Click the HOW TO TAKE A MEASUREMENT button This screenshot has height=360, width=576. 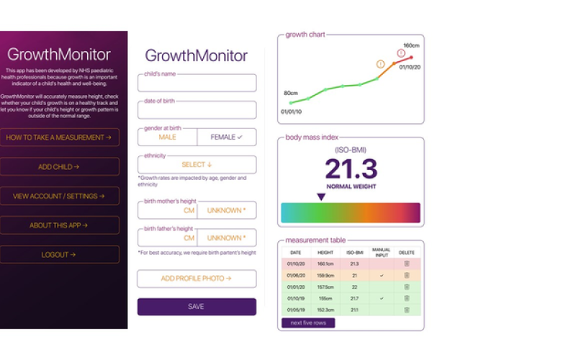pyautogui.click(x=60, y=137)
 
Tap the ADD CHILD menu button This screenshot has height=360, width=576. pyautogui.click(x=60, y=166)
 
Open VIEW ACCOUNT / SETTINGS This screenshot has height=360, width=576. pyautogui.click(x=60, y=196)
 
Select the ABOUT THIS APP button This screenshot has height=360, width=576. pyautogui.click(x=60, y=225)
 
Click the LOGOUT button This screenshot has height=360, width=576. pyautogui.click(x=60, y=254)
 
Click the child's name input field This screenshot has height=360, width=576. pyautogui.click(x=197, y=84)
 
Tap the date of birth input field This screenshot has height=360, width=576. pyautogui.click(x=197, y=110)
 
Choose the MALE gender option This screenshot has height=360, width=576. pyautogui.click(x=167, y=137)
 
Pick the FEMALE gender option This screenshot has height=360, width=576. pyautogui.click(x=226, y=137)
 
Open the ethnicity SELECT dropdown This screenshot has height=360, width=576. pyautogui.click(x=197, y=165)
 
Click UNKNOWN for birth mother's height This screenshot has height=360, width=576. pyautogui.click(x=226, y=210)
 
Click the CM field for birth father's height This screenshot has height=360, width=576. pyautogui.click(x=167, y=238)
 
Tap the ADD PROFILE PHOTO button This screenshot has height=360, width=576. pyautogui.click(x=197, y=279)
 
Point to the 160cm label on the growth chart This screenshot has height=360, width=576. pyautogui.click(x=411, y=45)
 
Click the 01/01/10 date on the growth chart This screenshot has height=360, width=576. pyautogui.click(x=292, y=112)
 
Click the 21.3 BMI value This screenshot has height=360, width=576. pyautogui.click(x=351, y=168)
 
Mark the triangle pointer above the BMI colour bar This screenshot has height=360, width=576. pyautogui.click(x=321, y=197)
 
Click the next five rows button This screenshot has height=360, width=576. pyautogui.click(x=308, y=323)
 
